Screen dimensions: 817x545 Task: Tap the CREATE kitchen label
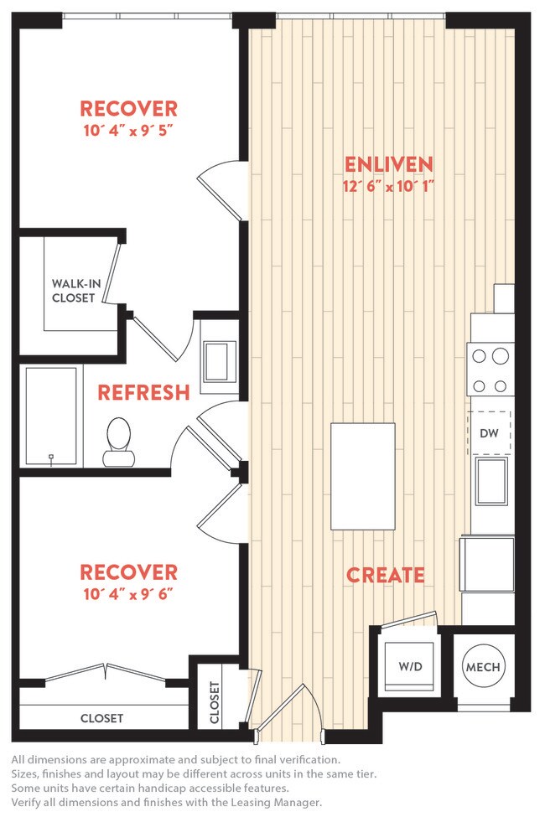[x=386, y=575]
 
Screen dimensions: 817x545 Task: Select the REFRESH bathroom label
[x=143, y=392]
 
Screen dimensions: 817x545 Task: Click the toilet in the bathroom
[x=118, y=442]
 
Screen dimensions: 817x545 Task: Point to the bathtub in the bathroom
[x=51, y=416]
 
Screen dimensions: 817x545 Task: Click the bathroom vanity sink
[x=220, y=360]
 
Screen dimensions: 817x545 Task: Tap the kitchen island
[x=363, y=476]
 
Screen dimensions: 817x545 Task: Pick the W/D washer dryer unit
[x=409, y=667]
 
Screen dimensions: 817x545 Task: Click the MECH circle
[x=482, y=667]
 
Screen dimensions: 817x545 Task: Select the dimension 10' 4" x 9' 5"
[x=128, y=131]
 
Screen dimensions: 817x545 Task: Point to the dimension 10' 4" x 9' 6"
[x=128, y=595]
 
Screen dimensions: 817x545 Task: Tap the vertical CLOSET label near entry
[x=214, y=702]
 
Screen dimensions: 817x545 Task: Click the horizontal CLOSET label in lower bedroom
[x=101, y=718]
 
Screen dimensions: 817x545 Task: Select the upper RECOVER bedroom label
[x=128, y=108]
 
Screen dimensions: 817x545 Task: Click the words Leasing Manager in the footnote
[x=279, y=802]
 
